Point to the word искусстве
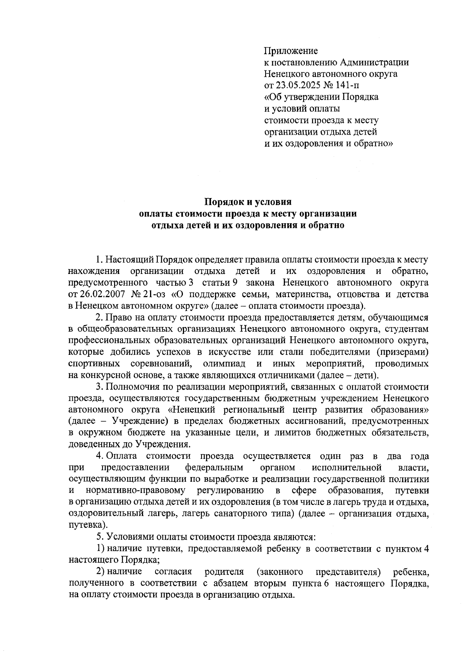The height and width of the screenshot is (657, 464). pyautogui.click(x=222, y=352)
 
